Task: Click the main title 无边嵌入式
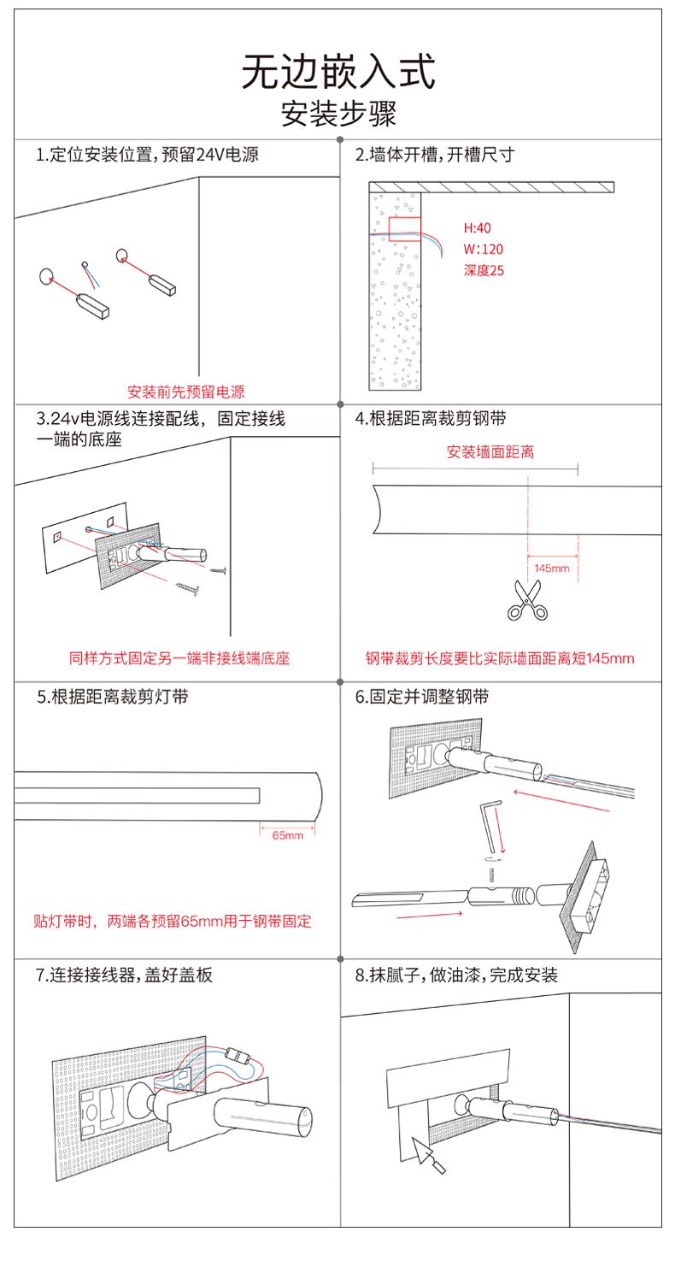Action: [x=337, y=72]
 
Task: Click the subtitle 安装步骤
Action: [x=338, y=114]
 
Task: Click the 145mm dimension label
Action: [x=551, y=569]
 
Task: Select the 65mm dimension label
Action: [x=288, y=835]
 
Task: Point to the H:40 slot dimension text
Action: [x=477, y=229]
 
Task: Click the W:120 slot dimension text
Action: [x=483, y=250]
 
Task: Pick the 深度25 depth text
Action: [x=484, y=272]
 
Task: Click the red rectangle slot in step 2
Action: [x=405, y=228]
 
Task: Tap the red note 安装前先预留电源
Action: [x=185, y=392]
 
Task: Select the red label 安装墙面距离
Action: [x=490, y=452]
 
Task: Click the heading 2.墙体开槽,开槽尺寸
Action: [x=434, y=155]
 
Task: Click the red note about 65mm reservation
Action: [x=173, y=922]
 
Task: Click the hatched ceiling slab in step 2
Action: [x=491, y=186]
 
